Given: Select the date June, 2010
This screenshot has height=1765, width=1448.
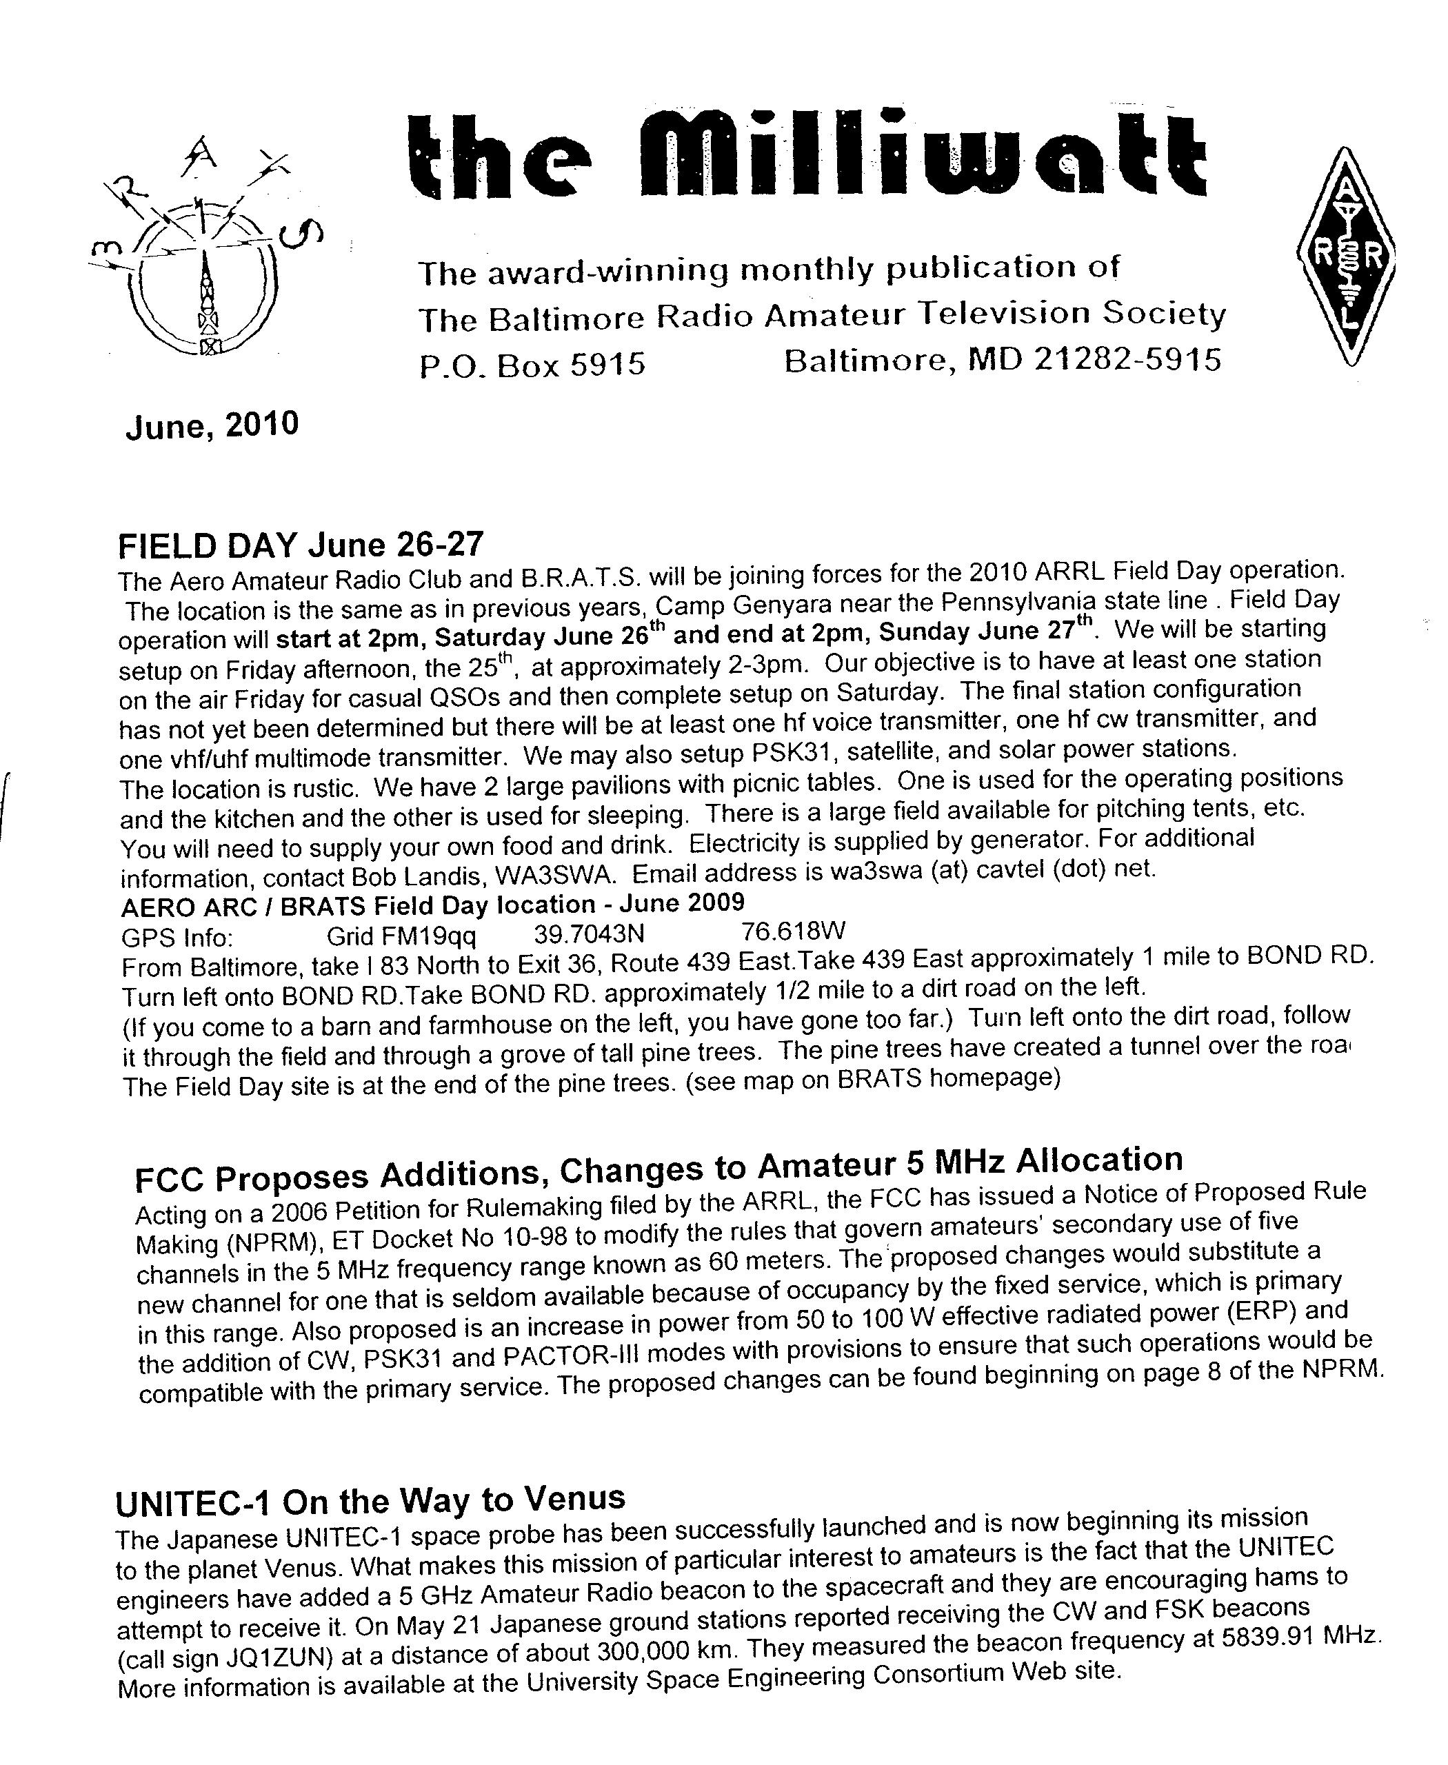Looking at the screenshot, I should pos(212,425).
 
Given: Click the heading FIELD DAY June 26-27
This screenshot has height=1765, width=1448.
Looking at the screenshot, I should pos(300,545).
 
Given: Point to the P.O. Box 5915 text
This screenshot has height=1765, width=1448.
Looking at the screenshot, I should pos(532,365).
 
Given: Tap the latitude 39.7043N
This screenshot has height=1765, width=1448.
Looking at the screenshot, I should pos(589,934).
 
